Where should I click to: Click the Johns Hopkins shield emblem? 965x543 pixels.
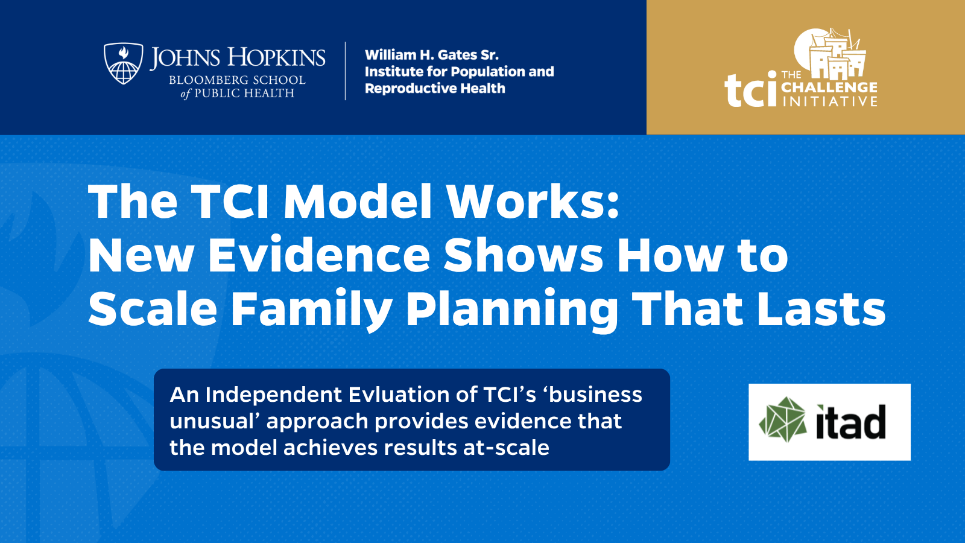pyautogui.click(x=124, y=63)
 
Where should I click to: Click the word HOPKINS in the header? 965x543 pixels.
pyautogui.click(x=276, y=58)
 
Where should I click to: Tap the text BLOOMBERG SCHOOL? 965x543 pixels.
pyautogui.click(x=237, y=80)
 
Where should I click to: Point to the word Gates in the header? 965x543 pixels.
pyautogui.click(x=457, y=55)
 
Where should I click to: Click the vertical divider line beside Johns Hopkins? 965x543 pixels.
pyautogui.click(x=346, y=71)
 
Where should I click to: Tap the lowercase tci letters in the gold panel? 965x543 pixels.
pyautogui.click(x=750, y=91)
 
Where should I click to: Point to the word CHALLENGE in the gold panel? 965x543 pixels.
pyautogui.click(x=829, y=87)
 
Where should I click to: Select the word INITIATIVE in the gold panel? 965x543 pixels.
pyautogui.click(x=829, y=101)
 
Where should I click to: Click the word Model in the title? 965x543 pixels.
pyautogui.click(x=358, y=202)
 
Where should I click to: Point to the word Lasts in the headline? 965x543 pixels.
pyautogui.click(x=821, y=309)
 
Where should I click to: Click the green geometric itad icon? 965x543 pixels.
pyautogui.click(x=783, y=420)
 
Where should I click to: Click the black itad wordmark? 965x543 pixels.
pyautogui.click(x=850, y=422)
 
